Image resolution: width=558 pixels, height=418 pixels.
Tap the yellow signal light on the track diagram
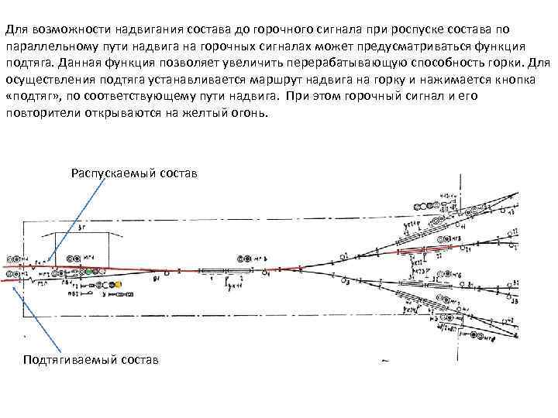(x=119, y=285)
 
